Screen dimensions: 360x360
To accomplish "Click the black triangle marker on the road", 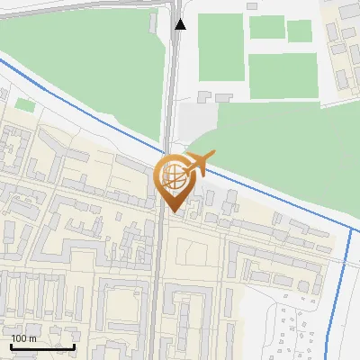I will coord(181,24).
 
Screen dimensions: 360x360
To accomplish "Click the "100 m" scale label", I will coord(24,338).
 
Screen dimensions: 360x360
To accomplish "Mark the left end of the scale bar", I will coord(10,346).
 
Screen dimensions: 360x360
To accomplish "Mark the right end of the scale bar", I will coord(75,346).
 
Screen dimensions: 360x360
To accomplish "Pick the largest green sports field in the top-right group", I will coord(282,76).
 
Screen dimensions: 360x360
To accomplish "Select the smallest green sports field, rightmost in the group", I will coord(299,31).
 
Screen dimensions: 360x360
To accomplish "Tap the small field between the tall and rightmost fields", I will coord(265,28).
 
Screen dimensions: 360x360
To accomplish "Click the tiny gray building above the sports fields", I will coord(252,6).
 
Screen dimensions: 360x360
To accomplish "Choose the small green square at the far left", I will coord(24,105).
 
